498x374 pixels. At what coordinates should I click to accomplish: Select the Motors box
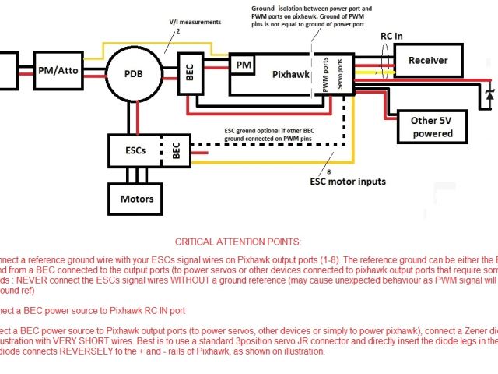pos(136,199)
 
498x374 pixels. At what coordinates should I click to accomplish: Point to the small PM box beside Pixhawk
pos(244,64)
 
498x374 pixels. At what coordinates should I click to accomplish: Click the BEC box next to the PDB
pos(190,75)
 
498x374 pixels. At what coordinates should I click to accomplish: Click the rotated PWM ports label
pos(328,75)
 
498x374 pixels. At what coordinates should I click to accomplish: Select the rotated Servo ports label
pos(343,75)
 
